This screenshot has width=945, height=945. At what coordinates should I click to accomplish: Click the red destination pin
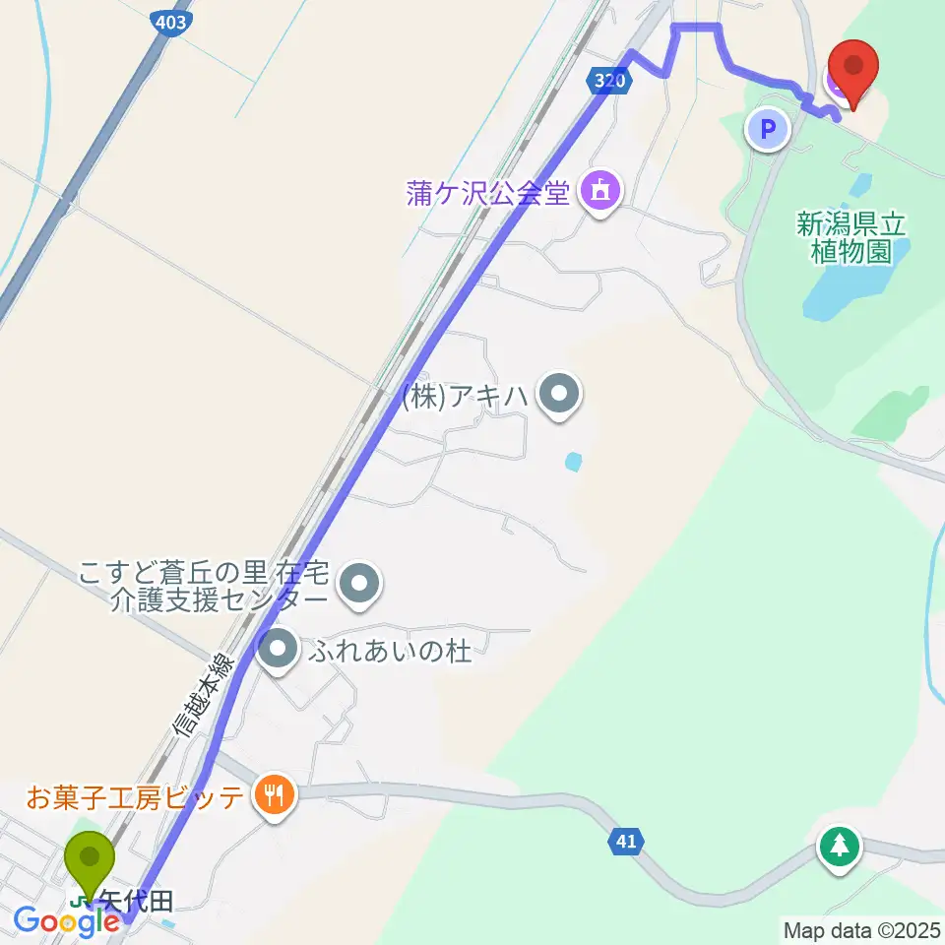point(852,68)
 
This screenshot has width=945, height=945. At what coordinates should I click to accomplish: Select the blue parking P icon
point(769,129)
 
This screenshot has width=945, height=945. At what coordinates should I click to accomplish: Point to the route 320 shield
point(611,82)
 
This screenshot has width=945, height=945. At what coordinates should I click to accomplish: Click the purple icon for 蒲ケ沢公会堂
point(600,189)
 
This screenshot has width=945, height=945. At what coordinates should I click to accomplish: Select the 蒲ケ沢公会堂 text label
point(489,192)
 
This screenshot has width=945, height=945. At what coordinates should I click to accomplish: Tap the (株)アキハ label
point(465,398)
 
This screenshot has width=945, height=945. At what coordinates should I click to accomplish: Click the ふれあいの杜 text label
point(392,651)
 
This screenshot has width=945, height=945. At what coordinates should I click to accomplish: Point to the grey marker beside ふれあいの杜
point(280,650)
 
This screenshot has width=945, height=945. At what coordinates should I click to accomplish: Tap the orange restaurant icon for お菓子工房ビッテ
point(273,794)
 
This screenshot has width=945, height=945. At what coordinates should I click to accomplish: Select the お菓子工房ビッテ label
point(135,796)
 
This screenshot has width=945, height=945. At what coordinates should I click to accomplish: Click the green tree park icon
point(839,847)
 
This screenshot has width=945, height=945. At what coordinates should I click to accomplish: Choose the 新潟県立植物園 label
point(852,237)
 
